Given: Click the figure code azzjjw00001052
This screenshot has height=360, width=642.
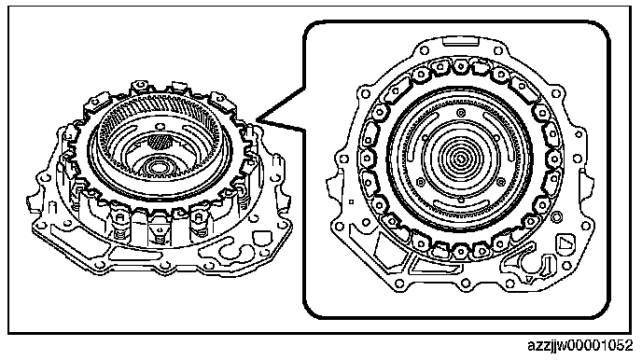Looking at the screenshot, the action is click(x=579, y=346).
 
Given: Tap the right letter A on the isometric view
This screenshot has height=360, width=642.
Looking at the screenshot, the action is click(x=199, y=217).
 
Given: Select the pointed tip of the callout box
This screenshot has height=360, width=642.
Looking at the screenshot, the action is click(x=258, y=120).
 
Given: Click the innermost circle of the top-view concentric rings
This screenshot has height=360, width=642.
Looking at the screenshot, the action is click(x=460, y=157).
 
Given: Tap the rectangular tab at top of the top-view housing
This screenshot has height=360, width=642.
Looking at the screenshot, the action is click(x=461, y=40).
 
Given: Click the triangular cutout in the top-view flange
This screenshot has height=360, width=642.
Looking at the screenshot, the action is click(x=565, y=243).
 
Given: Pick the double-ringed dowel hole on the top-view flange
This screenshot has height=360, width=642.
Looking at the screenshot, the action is click(x=556, y=215).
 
